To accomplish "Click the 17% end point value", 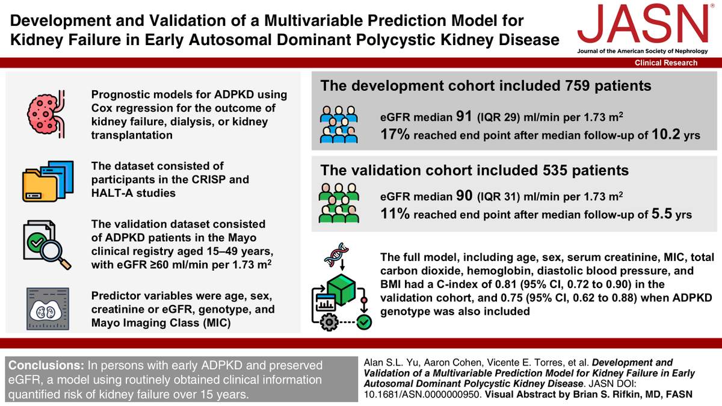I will [x=395, y=135].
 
